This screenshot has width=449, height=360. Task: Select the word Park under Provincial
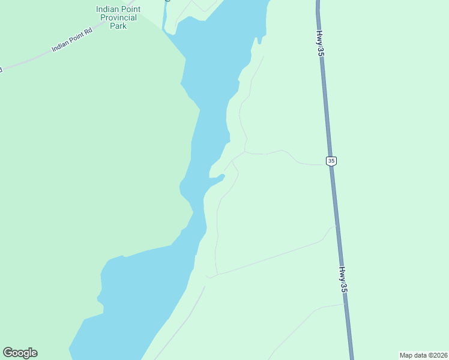(x=118, y=26)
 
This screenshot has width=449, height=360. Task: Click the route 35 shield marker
(x=331, y=161)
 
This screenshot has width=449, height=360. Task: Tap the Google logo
(x=20, y=353)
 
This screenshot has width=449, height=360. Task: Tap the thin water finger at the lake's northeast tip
(x=259, y=40)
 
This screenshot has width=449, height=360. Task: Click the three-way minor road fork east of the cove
(x=244, y=152)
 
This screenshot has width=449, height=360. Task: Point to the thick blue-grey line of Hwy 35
(x=327, y=120)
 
